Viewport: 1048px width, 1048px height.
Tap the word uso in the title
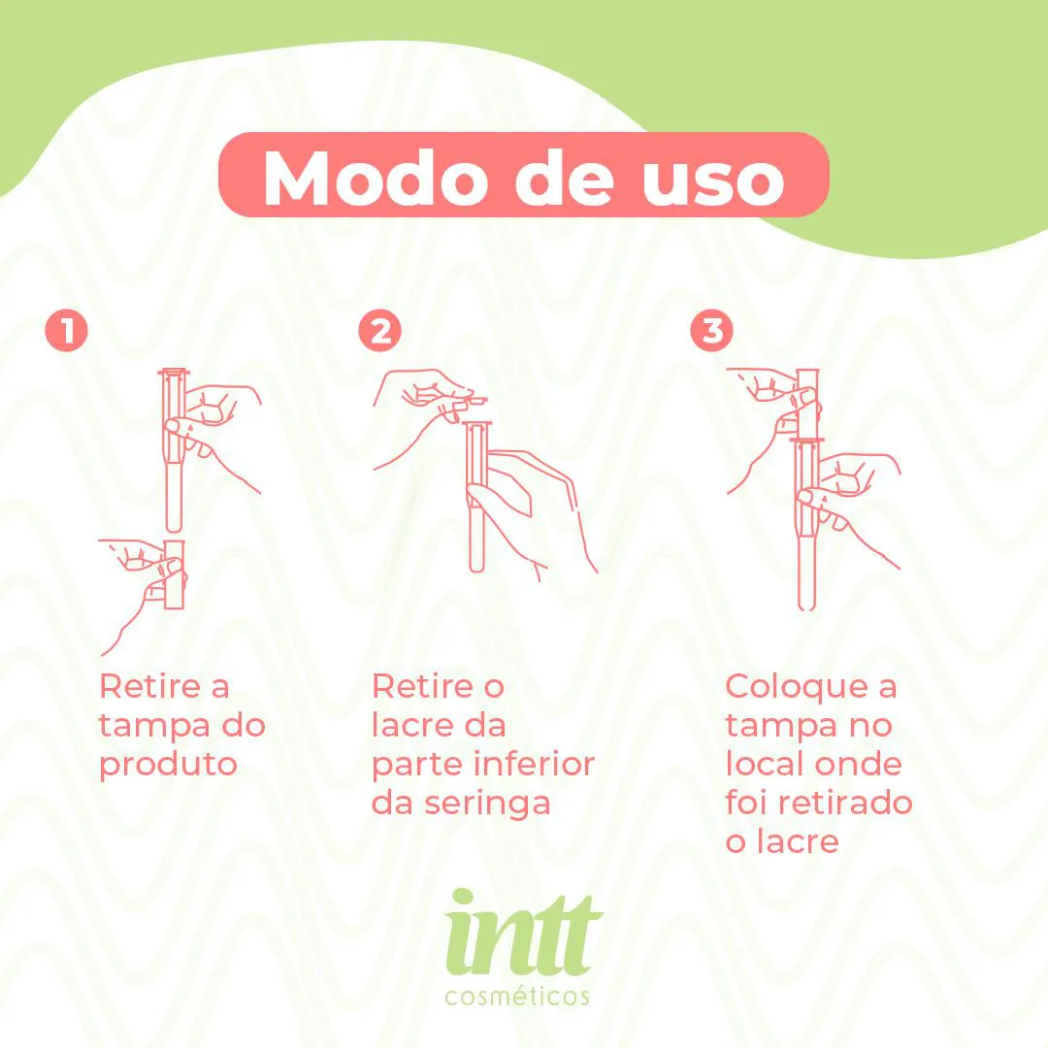(713, 180)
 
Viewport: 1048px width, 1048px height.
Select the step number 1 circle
(67, 330)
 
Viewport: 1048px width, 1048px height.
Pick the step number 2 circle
(380, 330)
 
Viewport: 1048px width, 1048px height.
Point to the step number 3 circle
(712, 330)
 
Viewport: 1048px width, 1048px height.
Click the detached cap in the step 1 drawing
(174, 573)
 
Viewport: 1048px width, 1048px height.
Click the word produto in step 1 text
(169, 766)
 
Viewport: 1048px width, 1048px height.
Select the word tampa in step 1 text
(150, 727)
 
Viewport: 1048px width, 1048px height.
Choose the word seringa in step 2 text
(487, 804)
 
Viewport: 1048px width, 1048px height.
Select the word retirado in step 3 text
(857, 802)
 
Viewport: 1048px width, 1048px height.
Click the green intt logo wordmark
(523, 933)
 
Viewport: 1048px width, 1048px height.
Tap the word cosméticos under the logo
(517, 996)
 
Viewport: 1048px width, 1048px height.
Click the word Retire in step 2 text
(422, 686)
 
